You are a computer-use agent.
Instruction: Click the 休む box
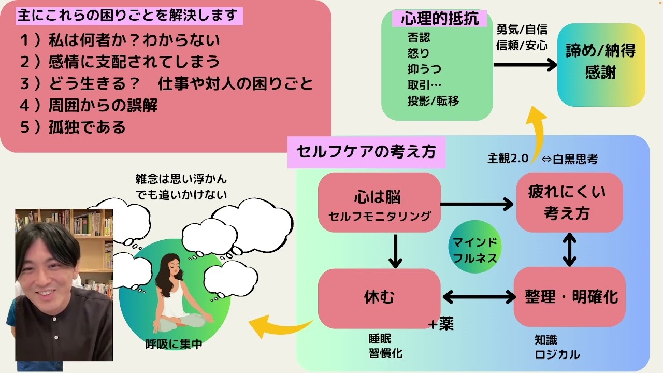coord(379,297)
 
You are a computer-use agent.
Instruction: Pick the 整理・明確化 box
coord(570,297)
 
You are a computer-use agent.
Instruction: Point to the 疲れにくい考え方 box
coord(569,202)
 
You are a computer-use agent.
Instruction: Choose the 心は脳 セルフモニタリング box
coord(379,205)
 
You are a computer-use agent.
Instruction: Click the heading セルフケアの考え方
coord(366,152)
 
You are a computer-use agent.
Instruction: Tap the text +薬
coord(441,324)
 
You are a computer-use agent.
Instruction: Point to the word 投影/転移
coord(433,101)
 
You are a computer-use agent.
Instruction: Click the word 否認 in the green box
coord(419,38)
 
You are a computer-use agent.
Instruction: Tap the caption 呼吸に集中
coord(174,344)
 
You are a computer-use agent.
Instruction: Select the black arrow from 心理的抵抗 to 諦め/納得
coord(524,65)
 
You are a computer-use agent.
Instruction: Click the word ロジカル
coord(557,355)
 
